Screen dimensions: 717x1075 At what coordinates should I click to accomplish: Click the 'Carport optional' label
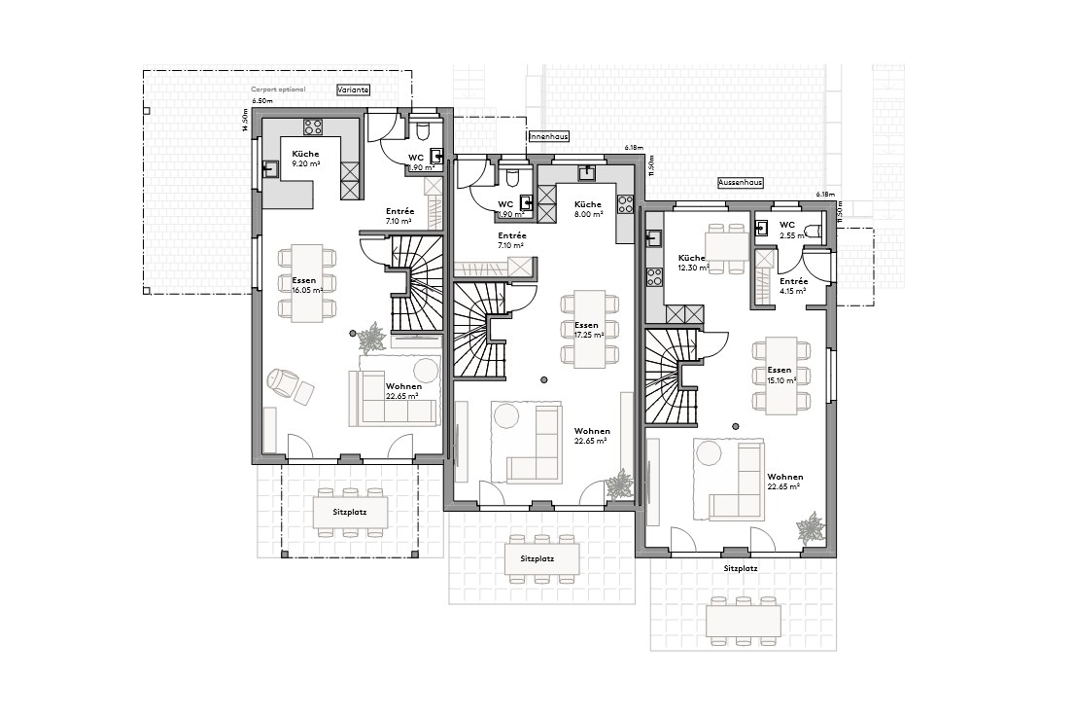pos(278,90)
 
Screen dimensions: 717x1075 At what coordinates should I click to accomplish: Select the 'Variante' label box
pos(352,90)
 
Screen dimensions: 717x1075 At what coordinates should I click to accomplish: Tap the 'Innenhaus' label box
pos(548,137)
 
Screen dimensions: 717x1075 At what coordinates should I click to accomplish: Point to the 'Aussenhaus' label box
pos(740,182)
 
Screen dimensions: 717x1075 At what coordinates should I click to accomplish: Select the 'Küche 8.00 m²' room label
pos(587,208)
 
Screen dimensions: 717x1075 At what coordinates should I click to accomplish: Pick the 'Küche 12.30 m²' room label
pos(693,262)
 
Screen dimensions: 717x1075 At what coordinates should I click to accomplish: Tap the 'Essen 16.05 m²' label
pos(305,284)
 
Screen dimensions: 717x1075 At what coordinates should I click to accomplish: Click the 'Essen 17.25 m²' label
pos(588,330)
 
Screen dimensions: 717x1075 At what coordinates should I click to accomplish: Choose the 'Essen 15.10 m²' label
pos(780,376)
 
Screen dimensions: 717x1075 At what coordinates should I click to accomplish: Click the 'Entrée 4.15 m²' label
pos(793,285)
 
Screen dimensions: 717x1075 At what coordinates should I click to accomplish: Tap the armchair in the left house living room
pos(283,380)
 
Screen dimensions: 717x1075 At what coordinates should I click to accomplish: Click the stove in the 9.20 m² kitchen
pos(313,125)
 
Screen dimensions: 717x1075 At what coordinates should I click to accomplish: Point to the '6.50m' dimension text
pos(261,101)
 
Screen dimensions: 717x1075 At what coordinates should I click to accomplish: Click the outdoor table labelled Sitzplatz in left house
pos(351,512)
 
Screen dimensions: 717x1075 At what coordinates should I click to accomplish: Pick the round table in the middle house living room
pos(506,415)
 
